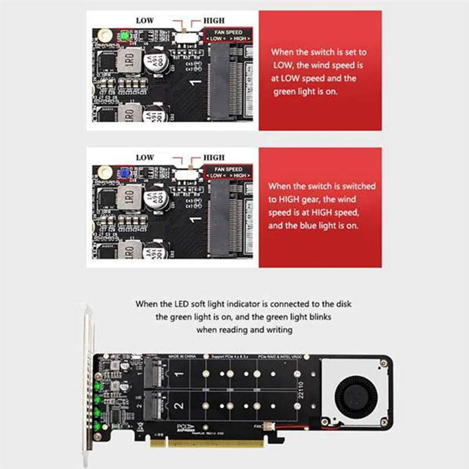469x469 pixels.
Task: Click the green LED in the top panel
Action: pos(124,38)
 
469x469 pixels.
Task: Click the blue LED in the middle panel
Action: pos(124,174)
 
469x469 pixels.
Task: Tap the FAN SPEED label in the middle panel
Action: pos(228,169)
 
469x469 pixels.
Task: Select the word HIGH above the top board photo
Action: pos(213,21)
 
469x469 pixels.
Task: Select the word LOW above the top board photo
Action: pos(145,21)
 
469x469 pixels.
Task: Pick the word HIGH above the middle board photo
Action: pos(213,158)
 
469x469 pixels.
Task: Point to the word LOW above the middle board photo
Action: pos(145,158)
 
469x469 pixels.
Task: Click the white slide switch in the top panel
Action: pos(187,37)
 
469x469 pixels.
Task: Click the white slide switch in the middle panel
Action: pos(187,174)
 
